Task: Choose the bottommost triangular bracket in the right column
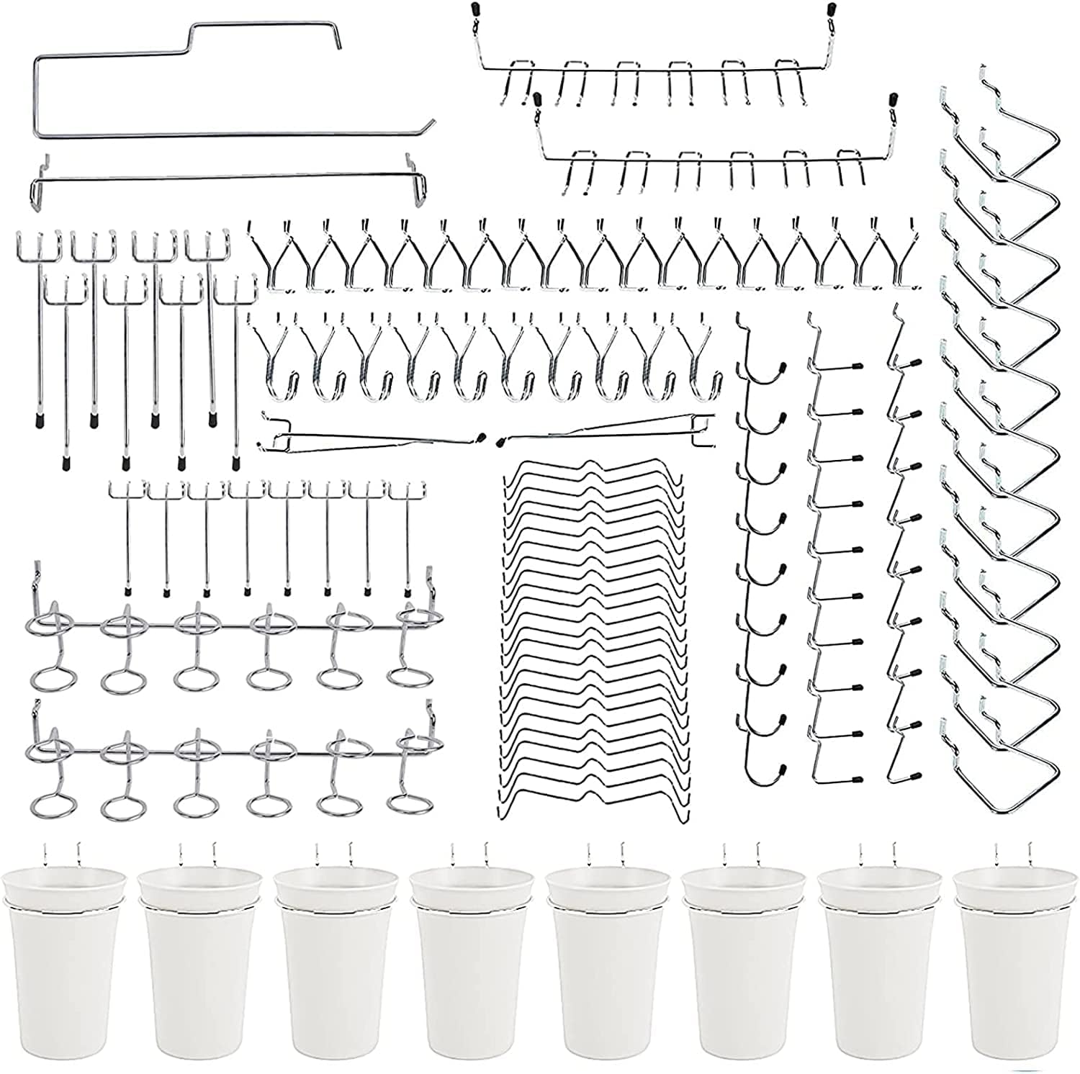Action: (x=1008, y=756)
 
